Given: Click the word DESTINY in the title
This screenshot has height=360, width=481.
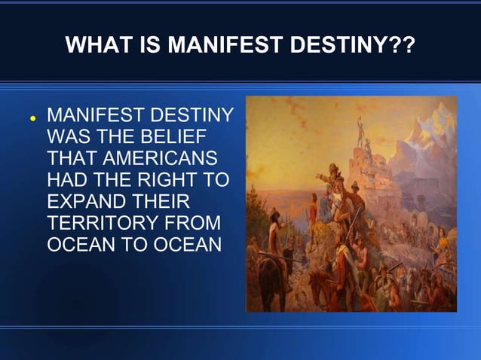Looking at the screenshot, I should coord(336,47).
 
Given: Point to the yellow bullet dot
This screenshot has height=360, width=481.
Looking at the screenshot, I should coord(32,119).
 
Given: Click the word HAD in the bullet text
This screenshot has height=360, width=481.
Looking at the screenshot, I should coord(66,181).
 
